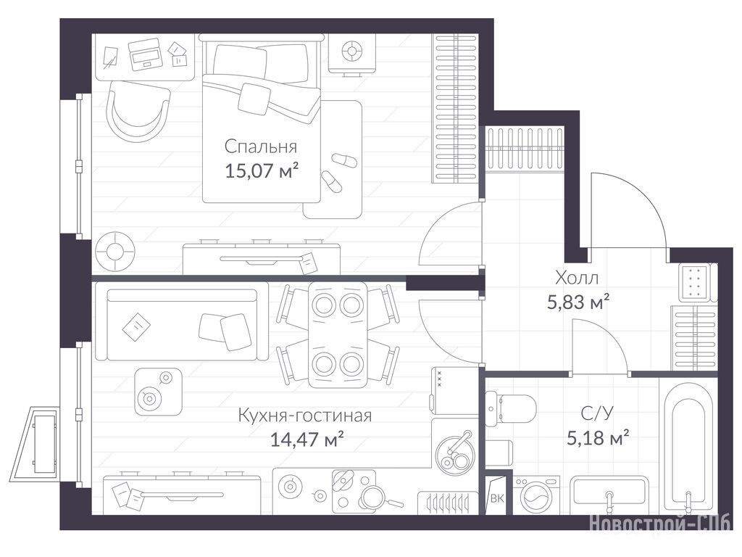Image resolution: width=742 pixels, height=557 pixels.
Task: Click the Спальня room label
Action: click(x=261, y=147)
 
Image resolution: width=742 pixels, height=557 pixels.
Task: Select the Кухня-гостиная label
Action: click(x=305, y=416)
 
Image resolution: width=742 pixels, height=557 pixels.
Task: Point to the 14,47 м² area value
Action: click(x=307, y=440)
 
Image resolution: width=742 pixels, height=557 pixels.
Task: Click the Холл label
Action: click(x=576, y=278)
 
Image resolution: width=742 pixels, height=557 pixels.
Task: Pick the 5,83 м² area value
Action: click(x=578, y=301)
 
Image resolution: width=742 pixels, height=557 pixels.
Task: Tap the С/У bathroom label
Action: click(x=597, y=413)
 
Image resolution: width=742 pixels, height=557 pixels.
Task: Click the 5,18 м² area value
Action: click(x=598, y=437)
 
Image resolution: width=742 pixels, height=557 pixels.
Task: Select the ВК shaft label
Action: click(x=497, y=498)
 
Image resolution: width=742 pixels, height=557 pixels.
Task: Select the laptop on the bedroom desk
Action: click(x=145, y=54)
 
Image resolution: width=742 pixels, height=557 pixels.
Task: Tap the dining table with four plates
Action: click(x=338, y=335)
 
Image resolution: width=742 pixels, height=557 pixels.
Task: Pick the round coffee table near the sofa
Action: click(x=158, y=392)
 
